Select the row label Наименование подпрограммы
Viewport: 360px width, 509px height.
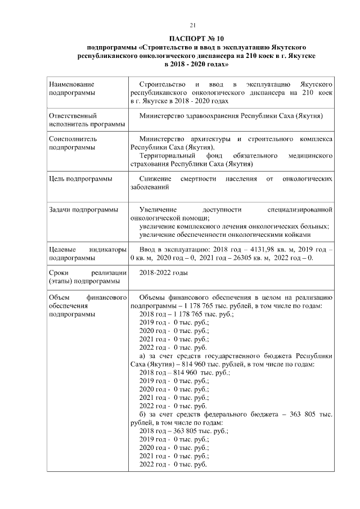click(71, 87)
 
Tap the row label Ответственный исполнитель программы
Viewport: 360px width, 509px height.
click(79, 119)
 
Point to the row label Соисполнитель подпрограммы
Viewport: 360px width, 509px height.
click(71, 142)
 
